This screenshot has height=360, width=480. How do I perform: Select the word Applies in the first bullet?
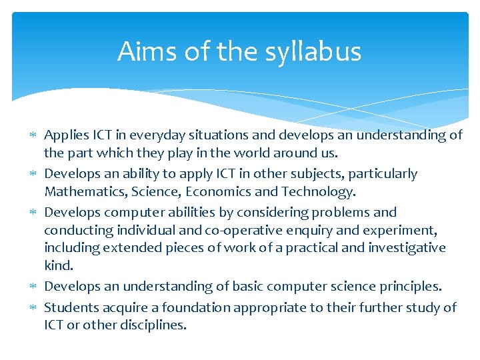point(65,135)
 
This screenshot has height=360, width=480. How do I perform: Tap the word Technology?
point(319,192)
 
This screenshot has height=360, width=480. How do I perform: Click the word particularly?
point(381,174)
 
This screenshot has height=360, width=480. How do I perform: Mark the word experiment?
point(401,230)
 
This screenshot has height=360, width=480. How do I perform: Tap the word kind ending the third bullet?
point(57,265)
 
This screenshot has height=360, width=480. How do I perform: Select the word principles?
point(411,287)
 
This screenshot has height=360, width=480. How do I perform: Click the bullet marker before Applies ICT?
point(34,135)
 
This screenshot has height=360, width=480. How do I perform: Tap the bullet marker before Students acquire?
point(34,308)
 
